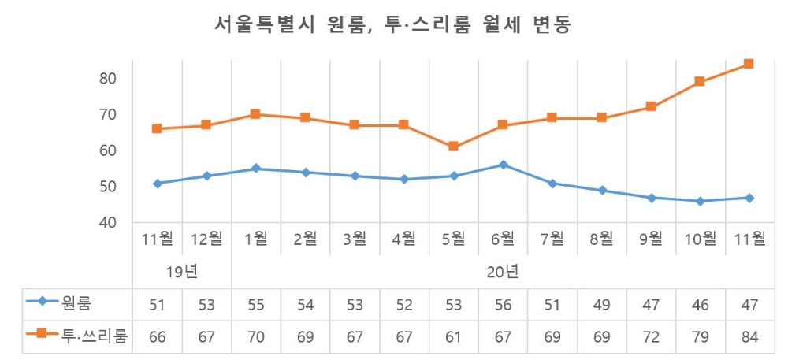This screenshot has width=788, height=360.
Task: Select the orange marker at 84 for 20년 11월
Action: (x=749, y=64)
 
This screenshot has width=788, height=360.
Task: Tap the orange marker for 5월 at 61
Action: (x=453, y=147)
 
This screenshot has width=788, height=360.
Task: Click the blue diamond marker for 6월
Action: (x=503, y=165)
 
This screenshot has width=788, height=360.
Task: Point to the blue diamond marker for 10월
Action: (x=700, y=201)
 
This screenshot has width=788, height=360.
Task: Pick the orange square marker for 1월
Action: (x=256, y=114)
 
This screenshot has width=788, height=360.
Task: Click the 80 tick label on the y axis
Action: (x=108, y=78)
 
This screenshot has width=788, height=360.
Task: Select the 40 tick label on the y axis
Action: (x=108, y=223)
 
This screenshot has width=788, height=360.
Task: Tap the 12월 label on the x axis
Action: (x=206, y=239)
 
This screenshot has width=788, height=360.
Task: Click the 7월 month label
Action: (x=552, y=239)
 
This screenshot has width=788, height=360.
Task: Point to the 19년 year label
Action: (x=182, y=273)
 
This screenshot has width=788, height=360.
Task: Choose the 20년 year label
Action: (x=503, y=273)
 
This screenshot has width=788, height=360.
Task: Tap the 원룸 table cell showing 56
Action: (x=503, y=304)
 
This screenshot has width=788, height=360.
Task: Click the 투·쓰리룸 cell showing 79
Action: (x=700, y=337)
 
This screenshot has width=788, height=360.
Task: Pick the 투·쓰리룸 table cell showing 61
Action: (x=453, y=337)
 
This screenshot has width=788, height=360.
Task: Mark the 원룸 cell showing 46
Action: (x=700, y=304)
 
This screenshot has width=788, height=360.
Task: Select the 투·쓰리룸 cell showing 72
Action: (x=650, y=337)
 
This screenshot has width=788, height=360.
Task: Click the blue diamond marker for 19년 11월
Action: (x=158, y=183)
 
